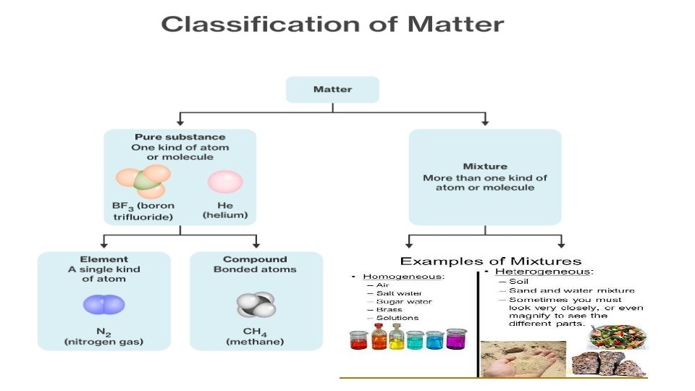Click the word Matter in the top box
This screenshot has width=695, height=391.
(332, 90)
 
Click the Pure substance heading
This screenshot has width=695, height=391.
(180, 137)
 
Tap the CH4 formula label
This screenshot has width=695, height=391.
(255, 332)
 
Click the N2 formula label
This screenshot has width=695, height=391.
(104, 332)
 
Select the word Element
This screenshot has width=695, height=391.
(104, 259)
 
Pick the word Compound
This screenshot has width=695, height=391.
(255, 259)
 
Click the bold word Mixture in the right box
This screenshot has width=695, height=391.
(484, 166)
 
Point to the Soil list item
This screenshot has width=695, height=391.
(518, 282)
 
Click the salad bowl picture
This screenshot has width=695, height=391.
(618, 335)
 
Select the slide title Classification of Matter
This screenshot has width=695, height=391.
(332, 24)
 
